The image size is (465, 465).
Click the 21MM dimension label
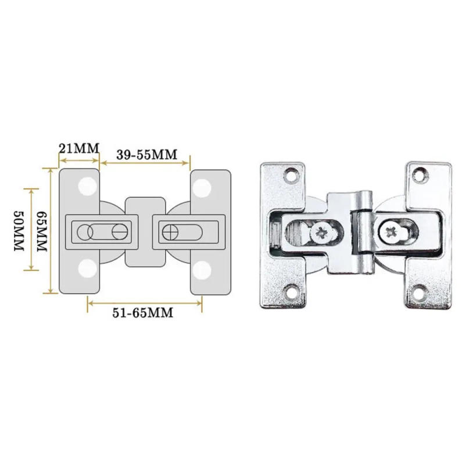(80, 146)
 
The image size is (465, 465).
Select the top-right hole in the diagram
(202, 187)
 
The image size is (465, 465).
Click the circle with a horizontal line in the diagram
(120, 231)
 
